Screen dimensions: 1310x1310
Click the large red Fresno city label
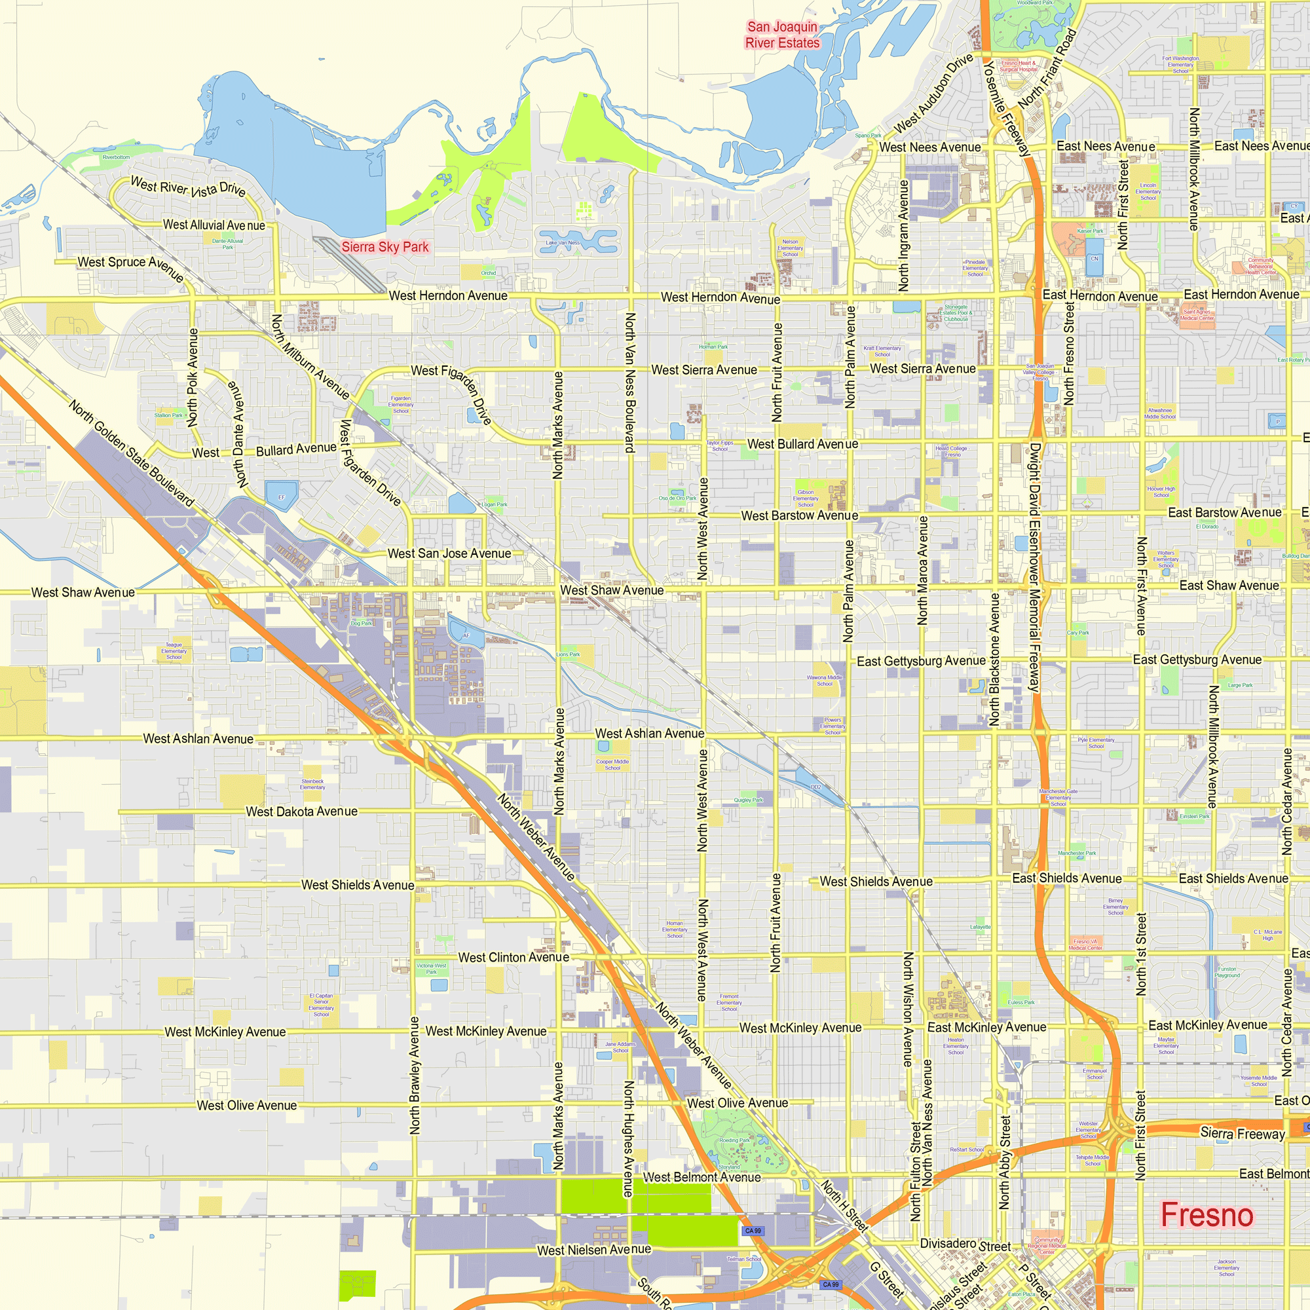coord(1207,1215)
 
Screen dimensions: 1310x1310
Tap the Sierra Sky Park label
coord(384,247)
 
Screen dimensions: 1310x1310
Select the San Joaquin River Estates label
coord(783,35)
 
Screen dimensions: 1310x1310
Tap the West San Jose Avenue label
coord(449,553)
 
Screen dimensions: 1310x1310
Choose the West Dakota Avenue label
coord(301,812)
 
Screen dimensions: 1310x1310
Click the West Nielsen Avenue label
coord(594,1250)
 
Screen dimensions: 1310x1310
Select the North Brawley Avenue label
coord(415,1075)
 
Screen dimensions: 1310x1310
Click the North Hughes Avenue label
coord(629,1138)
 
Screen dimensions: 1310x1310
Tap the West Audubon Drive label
coord(933,94)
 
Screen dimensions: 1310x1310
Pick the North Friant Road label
coord(1047,69)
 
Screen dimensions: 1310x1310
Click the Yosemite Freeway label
coord(1007,109)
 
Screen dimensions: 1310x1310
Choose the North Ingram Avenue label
coord(903,235)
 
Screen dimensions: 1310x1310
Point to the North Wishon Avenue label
coord(908,1009)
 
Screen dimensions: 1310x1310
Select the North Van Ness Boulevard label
coord(629,383)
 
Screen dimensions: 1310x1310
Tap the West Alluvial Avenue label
coord(214,225)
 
